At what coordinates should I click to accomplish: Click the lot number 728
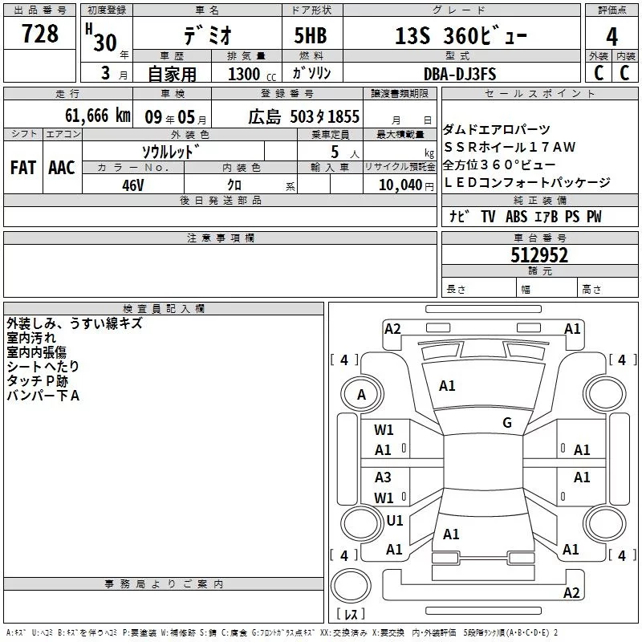(39, 34)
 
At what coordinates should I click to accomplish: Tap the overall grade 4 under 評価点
(612, 37)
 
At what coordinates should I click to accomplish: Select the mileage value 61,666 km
(98, 116)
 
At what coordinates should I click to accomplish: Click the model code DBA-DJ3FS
(460, 74)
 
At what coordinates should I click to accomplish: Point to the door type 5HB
(311, 35)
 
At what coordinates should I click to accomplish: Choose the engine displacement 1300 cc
(252, 75)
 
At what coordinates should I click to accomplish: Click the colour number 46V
(132, 185)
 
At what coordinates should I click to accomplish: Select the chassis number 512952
(539, 255)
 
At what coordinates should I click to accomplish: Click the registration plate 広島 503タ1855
(304, 116)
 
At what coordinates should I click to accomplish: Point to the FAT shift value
(23, 168)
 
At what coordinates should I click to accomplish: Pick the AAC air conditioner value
(62, 168)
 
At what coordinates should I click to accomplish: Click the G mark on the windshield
(507, 423)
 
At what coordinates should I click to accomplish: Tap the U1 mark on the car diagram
(395, 520)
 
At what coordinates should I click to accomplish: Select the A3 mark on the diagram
(383, 477)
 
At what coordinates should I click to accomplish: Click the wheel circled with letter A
(362, 395)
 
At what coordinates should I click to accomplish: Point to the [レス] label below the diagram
(351, 613)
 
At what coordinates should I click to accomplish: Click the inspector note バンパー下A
(43, 396)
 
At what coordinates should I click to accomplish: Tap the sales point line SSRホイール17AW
(510, 147)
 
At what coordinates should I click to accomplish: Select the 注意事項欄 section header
(221, 238)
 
